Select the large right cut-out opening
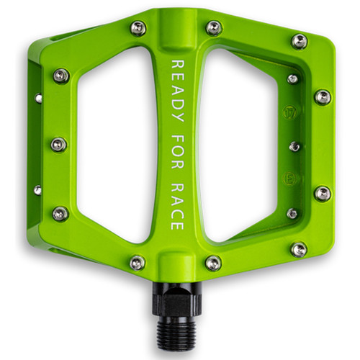coord(238,144)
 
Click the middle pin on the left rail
coord(58,145)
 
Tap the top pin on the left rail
coord(61,76)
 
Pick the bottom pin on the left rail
coord(60,213)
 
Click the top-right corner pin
coord(300,42)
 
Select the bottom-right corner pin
coord(298,249)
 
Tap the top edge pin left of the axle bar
coord(138,28)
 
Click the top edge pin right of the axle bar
coord(214,28)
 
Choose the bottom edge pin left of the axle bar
coord(138,263)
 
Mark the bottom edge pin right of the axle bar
coord(213,263)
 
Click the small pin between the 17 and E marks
coord(294,146)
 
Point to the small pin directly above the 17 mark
coord(292,78)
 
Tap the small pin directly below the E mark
coord(292,213)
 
